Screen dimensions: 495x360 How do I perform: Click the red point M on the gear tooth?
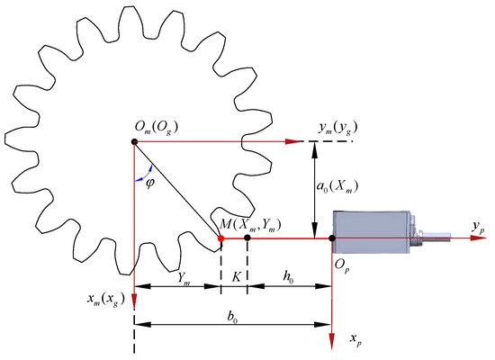tap(221, 238)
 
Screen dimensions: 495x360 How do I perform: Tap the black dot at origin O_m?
tap(134, 142)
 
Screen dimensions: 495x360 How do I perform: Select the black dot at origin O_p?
tap(332, 238)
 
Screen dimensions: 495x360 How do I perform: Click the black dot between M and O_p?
tap(247, 238)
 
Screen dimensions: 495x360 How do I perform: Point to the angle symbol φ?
tap(150, 183)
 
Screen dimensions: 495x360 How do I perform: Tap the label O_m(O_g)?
tap(157, 127)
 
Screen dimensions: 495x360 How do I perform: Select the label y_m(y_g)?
tap(338, 128)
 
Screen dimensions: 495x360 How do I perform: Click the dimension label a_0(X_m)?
tap(337, 186)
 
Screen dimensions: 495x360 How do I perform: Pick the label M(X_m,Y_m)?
tap(250, 224)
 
